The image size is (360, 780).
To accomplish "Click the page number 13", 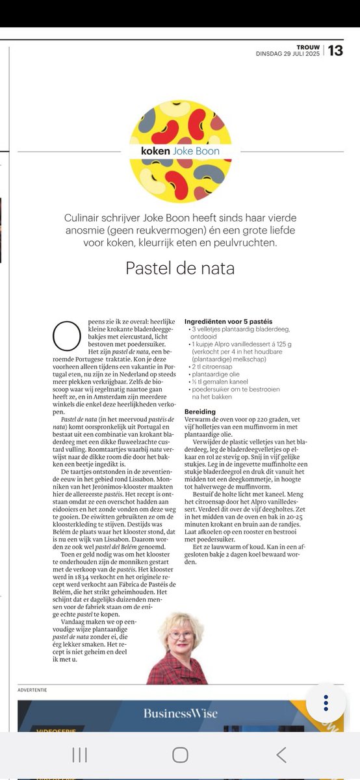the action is coord(335,50).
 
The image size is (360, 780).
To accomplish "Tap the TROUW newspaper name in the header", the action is coord(309,46).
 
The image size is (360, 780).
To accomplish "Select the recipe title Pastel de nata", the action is coord(180,267).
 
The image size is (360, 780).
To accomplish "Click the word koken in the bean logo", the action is coord(155,151).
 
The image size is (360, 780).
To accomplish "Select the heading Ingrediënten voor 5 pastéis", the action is coord(228,322).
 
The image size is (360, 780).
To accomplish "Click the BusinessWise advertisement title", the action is coord(181,713).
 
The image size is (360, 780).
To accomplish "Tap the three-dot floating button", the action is coord(326,703).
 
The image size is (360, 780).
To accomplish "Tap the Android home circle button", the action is coord(180,754).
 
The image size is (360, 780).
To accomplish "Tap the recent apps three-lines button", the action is coord(79,754).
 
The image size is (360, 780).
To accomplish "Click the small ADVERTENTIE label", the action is coord(32,689).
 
